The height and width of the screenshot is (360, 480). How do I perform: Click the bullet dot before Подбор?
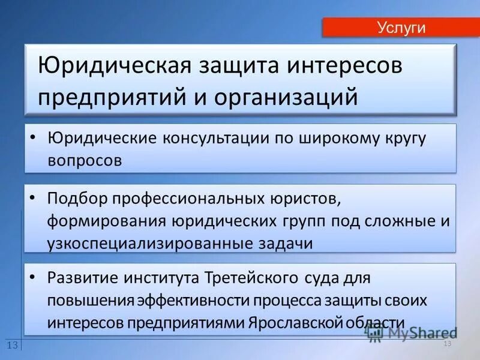[34, 197]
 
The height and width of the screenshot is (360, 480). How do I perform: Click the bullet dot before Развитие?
[34, 277]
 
